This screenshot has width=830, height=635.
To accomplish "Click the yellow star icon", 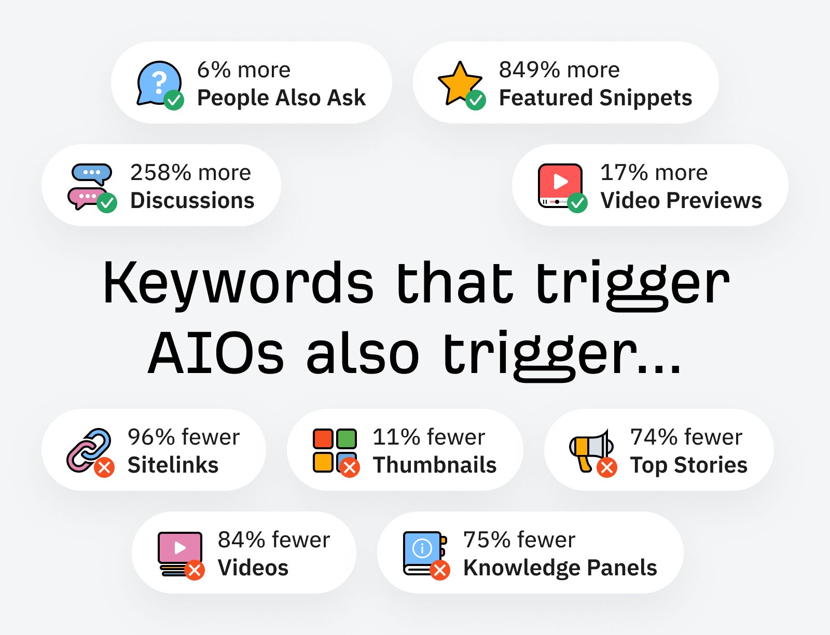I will (x=459, y=82).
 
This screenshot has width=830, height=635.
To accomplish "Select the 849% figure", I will (x=529, y=70).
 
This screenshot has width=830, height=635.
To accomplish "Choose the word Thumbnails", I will (x=435, y=465).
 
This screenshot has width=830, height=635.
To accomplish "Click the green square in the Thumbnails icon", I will (x=347, y=439).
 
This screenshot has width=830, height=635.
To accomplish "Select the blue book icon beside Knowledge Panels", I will (x=422, y=552).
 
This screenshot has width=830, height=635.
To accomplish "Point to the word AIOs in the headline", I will (x=216, y=354).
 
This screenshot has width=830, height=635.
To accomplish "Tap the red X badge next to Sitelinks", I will (x=104, y=467).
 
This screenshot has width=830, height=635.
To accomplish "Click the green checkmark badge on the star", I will (x=476, y=100).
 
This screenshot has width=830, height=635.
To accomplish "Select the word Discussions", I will (x=192, y=200).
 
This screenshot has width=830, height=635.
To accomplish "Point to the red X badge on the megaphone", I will (x=607, y=467).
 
